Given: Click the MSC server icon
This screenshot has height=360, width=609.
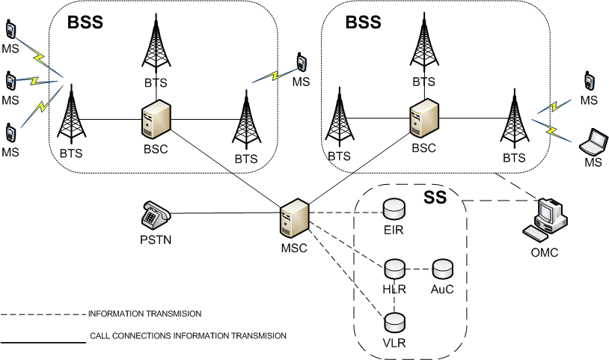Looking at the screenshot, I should pos(293,220).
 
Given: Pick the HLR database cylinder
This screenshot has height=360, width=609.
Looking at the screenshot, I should pos(394,268).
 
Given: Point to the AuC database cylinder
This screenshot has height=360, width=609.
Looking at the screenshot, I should pos(443,267).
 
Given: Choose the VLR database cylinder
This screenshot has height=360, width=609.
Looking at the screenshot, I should pos(394,323).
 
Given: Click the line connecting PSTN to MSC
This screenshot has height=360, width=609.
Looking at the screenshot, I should pos(224,214).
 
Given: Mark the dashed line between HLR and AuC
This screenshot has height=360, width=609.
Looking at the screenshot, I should pos(419,268).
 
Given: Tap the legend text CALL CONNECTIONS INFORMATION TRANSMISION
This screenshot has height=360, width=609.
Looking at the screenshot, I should pos(187,336).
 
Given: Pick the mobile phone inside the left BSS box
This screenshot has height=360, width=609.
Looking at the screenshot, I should pos(301,62).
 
